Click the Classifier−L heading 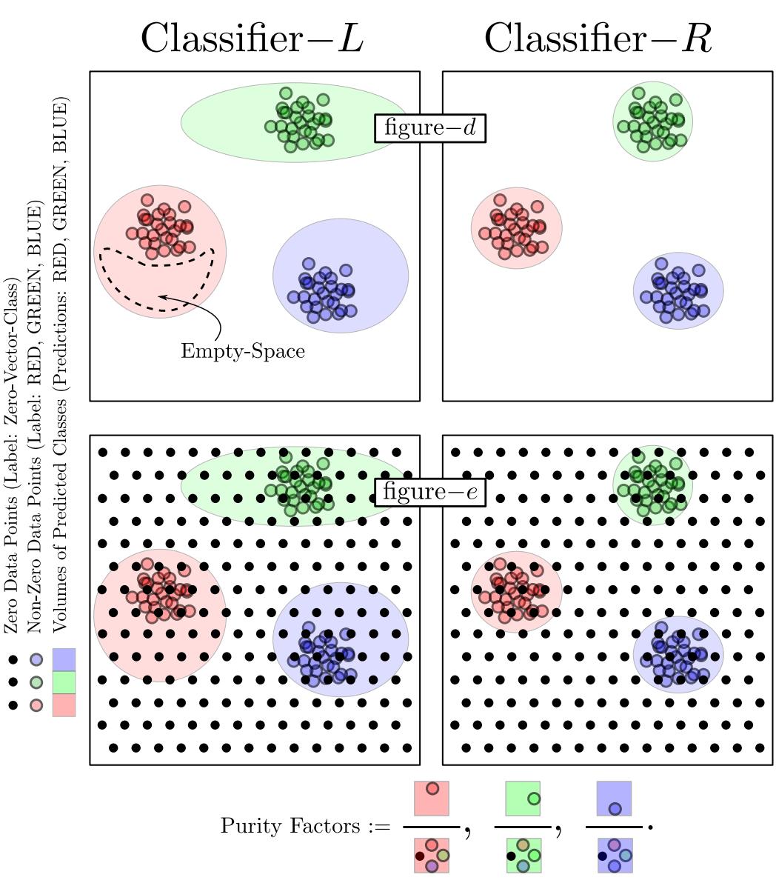click(252, 38)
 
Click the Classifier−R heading click(598, 38)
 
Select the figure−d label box click(429, 128)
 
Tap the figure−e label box click(429, 492)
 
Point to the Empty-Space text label click(243, 350)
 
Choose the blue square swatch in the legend click(64, 659)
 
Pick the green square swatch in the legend click(64, 682)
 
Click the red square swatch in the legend click(64, 704)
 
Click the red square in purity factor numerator click(432, 799)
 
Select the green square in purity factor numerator click(523, 799)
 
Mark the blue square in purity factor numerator click(614, 799)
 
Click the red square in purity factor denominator click(432, 855)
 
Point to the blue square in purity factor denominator click(614, 855)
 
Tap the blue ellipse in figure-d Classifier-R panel click(678, 291)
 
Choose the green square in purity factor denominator click(523, 855)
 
